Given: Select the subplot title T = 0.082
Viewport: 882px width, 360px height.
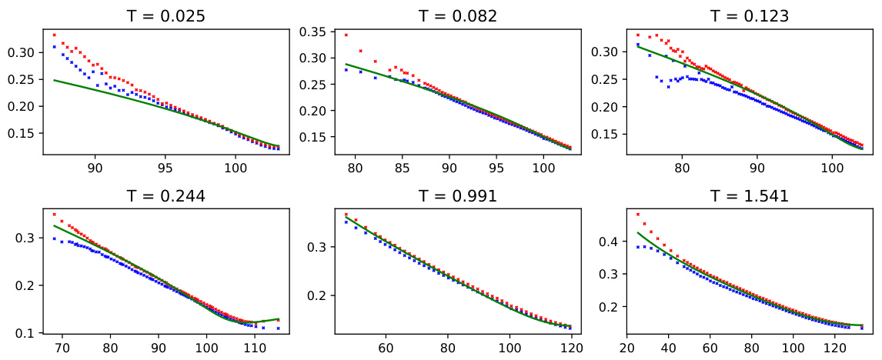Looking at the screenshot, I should coord(458,15).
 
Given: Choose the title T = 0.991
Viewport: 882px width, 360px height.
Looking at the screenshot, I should coord(458,195).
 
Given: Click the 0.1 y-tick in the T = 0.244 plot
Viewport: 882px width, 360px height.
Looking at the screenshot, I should coord(29,333).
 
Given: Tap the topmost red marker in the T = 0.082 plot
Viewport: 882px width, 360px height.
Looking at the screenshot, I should coord(346,35).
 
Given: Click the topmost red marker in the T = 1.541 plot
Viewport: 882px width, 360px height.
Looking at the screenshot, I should coord(638,215).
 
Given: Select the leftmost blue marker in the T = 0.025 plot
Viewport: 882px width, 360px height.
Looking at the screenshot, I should coord(54,47).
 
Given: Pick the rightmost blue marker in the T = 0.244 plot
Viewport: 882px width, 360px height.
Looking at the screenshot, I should coord(278,328).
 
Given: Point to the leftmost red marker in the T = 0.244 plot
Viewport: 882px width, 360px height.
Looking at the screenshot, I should coord(54,215).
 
